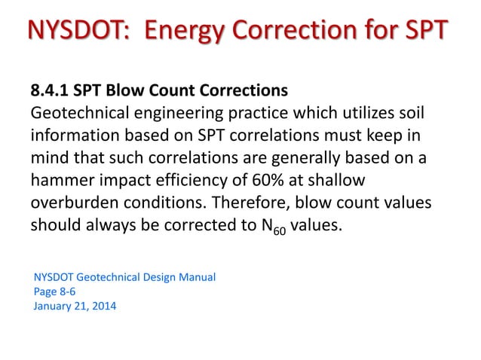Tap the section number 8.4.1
pos(51,91)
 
